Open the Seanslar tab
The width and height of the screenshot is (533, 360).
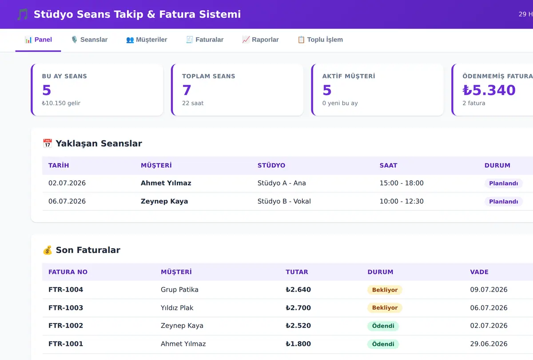tap(89, 40)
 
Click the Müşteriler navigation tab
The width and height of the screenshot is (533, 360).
tap(147, 40)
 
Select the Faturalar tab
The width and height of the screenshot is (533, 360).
tap(205, 40)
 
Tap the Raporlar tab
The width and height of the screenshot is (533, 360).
tap(260, 40)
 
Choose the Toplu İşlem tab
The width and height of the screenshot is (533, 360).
tap(320, 40)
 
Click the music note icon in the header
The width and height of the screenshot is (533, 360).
tap(23, 14)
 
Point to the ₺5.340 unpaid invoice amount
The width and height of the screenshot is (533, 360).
tap(489, 90)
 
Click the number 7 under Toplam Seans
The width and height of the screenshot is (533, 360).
tap(187, 90)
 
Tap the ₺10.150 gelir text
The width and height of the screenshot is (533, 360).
tap(61, 103)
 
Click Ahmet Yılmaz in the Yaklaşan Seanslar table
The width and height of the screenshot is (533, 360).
tap(166, 183)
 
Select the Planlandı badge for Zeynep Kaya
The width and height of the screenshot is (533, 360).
tap(504, 202)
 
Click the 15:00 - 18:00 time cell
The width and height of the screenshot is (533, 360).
tap(402, 183)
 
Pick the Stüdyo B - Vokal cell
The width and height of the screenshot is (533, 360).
tap(284, 202)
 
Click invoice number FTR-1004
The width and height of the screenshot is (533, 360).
tap(66, 289)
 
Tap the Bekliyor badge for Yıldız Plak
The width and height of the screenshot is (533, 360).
tap(385, 308)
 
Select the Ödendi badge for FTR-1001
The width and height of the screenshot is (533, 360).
tap(383, 344)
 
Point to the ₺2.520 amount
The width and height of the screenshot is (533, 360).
tap(298, 325)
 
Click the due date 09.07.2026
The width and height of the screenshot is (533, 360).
tap(489, 289)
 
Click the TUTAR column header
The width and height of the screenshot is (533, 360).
tap(297, 272)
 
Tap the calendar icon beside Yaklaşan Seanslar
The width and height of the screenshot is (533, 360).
tap(48, 143)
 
